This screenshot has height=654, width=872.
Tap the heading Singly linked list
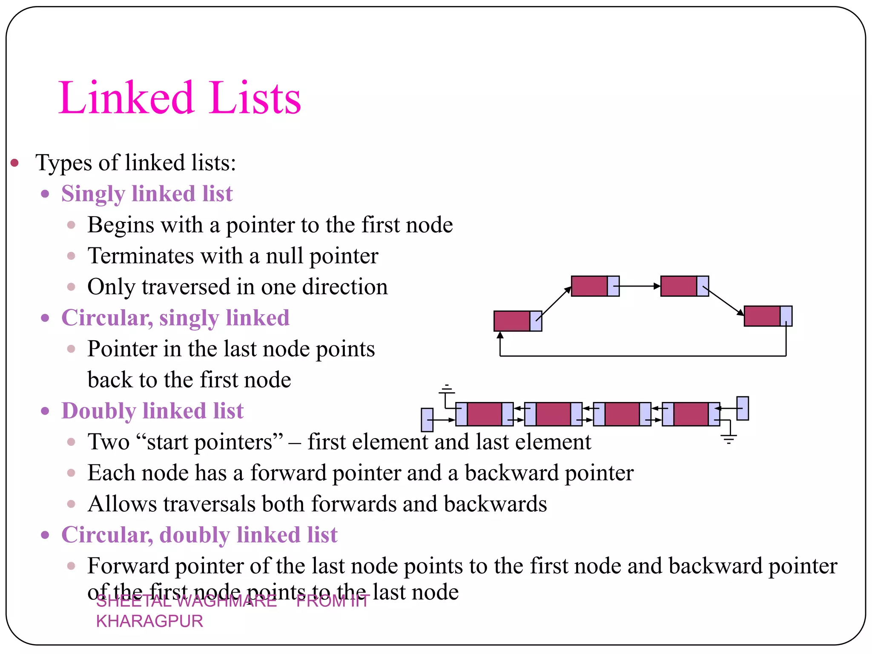tap(147, 194)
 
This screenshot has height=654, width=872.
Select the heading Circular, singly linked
tap(175, 318)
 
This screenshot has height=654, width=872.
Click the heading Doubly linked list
tap(152, 411)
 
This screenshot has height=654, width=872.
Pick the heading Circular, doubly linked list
tap(199, 535)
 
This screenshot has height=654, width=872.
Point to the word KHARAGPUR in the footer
tap(149, 621)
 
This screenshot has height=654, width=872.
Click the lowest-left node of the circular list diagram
tap(517, 321)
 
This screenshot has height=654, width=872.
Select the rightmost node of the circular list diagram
tap(768, 316)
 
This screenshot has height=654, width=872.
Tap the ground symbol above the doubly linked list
tap(447, 390)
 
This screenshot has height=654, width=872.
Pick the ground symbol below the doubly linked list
tap(729, 438)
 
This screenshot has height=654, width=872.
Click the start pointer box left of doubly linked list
tap(427, 420)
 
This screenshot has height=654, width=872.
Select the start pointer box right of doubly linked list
tap(743, 408)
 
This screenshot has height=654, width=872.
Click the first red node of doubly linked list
tap(485, 414)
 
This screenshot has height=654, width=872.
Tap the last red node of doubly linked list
tap(691, 414)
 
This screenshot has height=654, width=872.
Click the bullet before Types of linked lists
tap(15, 163)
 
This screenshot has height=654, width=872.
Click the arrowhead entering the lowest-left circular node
tap(500, 335)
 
